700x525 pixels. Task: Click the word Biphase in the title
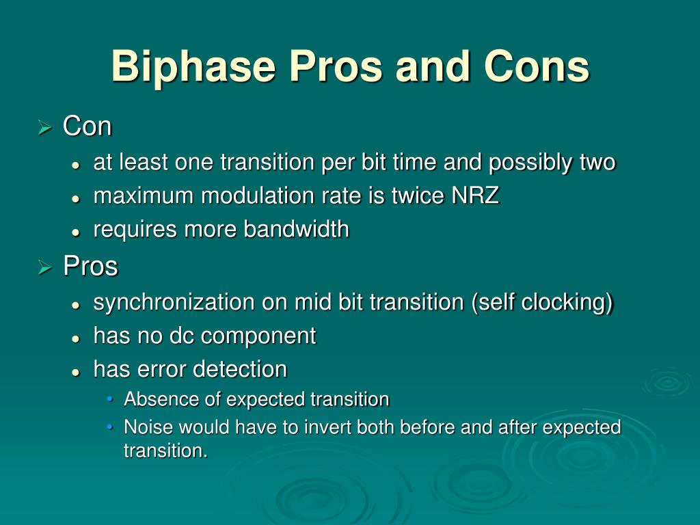(x=193, y=66)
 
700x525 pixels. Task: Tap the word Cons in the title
(x=537, y=66)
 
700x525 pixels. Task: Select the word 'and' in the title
(x=433, y=66)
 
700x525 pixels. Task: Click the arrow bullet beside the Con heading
(x=45, y=128)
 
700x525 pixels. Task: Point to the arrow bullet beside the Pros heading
(x=45, y=267)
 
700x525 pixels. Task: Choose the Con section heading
(x=87, y=126)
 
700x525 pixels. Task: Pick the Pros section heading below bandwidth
(x=91, y=266)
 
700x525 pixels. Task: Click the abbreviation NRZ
(x=475, y=196)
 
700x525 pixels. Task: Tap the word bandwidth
(x=297, y=229)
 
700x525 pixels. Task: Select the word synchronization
(x=174, y=301)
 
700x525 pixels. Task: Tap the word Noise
(x=148, y=427)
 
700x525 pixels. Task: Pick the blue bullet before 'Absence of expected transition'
(x=110, y=399)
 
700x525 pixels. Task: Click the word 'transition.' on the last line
(x=165, y=450)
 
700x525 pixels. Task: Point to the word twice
(x=418, y=196)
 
